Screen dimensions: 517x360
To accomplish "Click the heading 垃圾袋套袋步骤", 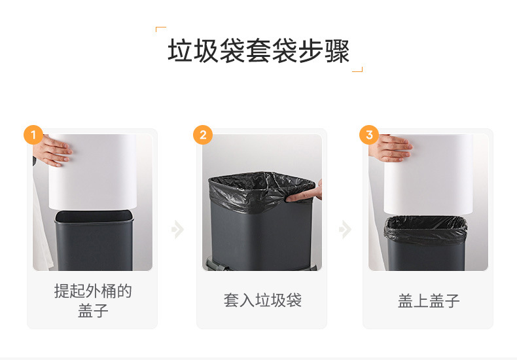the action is point(258,50).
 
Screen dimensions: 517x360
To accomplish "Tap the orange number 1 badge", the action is point(33,135).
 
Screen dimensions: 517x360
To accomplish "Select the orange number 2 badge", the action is point(203,135).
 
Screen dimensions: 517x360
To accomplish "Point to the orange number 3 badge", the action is point(369,135).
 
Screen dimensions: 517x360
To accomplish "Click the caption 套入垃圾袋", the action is point(262,300).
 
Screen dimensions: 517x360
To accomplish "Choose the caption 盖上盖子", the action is point(428,300).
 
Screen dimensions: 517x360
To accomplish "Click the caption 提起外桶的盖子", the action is point(93,300).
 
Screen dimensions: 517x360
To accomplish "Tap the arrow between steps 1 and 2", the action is point(178,229).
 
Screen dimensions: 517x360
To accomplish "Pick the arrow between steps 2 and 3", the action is point(346,229).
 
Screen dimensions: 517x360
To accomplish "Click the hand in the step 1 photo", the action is point(52,151).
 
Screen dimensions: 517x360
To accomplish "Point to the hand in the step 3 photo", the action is point(390,148).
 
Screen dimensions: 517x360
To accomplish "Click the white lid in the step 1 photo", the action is point(93,172).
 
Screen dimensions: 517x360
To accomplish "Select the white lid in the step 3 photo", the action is point(428,174).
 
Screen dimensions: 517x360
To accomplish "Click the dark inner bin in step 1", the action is point(94,241).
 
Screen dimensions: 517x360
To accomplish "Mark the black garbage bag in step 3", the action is point(425,230).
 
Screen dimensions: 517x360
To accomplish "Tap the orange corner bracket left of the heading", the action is point(160,29).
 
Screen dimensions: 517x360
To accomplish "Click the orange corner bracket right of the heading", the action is point(357,69).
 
